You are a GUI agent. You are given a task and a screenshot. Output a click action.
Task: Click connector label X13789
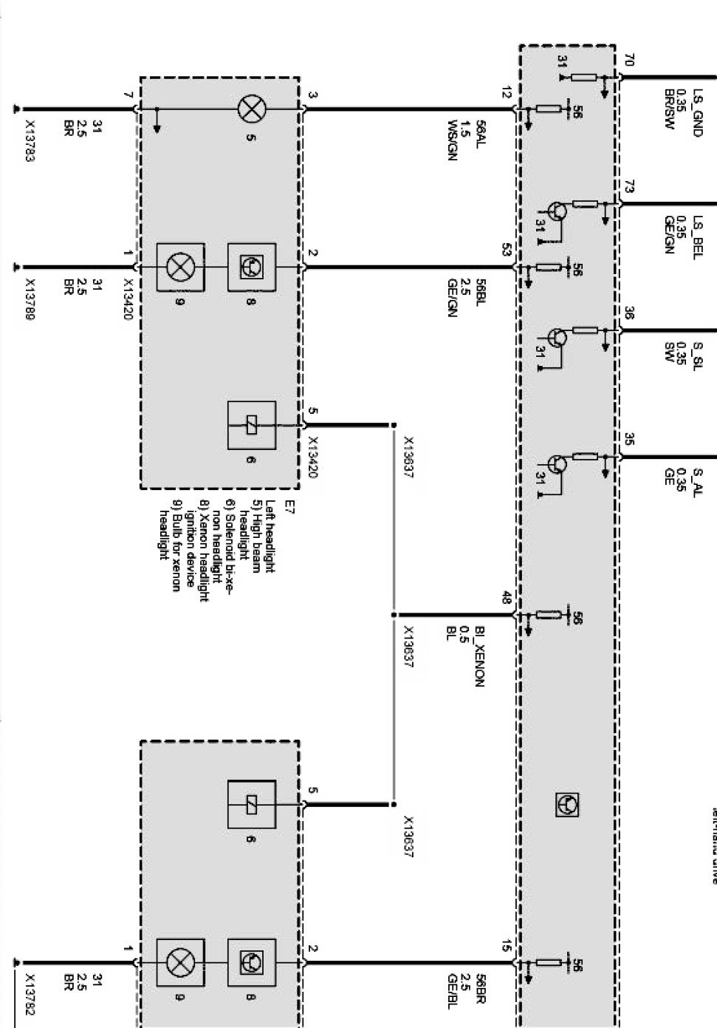point(30,299)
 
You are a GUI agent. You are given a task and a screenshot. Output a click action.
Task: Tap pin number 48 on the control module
point(507,597)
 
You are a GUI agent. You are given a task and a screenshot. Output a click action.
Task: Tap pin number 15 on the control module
point(507,945)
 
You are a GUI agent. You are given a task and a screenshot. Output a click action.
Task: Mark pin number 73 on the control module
point(629,188)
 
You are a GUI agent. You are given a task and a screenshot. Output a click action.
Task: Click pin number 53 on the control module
point(507,251)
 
